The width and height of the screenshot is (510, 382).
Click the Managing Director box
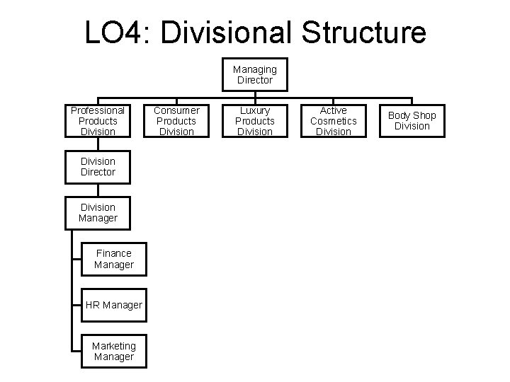[255, 75]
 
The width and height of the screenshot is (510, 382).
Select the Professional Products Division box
[98, 121]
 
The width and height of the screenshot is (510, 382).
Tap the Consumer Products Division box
[176, 121]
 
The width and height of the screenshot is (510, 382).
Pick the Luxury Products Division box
[255, 121]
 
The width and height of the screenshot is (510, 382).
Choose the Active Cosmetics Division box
[333, 121]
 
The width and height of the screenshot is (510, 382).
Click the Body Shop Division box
[412, 121]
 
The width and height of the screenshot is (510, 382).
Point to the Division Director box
[98, 167]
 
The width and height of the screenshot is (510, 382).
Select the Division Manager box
[98, 213]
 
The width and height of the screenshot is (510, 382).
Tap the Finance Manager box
[113, 259]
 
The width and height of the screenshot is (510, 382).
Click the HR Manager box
[113, 305]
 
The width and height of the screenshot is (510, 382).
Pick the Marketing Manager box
[113, 351]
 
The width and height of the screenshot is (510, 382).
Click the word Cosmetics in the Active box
[333, 121]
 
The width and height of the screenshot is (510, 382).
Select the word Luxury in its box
[255, 110]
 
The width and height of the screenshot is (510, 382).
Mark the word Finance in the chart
[113, 253]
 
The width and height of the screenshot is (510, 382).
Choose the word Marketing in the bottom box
[113, 345]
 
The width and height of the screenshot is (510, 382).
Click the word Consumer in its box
[176, 110]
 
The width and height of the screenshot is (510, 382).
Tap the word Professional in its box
[98, 110]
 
